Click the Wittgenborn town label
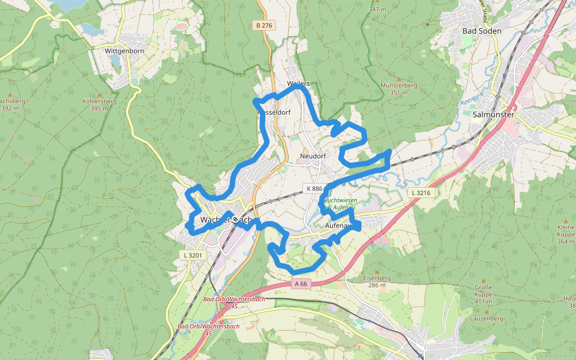click(x=125, y=51)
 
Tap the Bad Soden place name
click(x=481, y=31)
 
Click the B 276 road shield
click(x=264, y=25)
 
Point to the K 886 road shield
click(x=314, y=188)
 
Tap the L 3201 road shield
click(x=193, y=255)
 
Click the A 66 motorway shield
click(x=301, y=283)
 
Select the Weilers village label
click(x=298, y=83)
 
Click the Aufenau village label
click(x=337, y=226)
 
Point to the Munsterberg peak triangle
click(x=398, y=78)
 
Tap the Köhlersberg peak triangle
click(x=99, y=95)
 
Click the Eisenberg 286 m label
click(x=377, y=281)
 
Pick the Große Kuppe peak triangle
click(x=483, y=280)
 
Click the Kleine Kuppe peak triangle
click(x=566, y=220)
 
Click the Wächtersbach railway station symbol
click(x=236, y=219)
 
